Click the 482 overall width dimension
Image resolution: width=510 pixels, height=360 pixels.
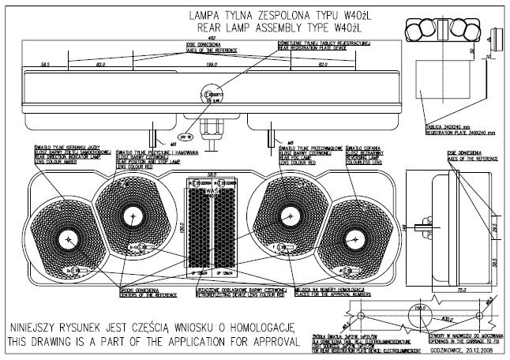point(212,37)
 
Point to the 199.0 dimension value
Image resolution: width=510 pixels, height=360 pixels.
point(211,64)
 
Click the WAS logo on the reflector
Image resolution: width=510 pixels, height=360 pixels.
point(211,190)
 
